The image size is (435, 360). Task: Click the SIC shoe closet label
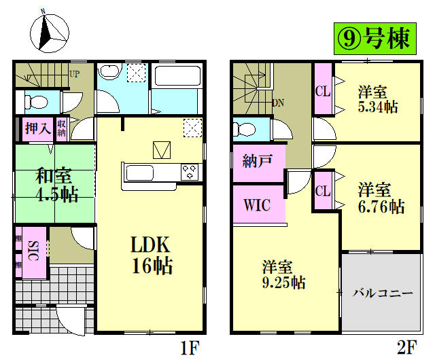coord(32,252)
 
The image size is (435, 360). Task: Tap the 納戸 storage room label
coord(258,161)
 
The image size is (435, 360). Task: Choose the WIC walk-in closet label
coord(258,204)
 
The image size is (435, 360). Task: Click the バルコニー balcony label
coord(382,293)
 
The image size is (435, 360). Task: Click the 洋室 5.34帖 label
coord(374,99)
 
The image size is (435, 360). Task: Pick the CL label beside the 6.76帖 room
coord(322,191)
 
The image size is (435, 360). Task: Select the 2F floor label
coord(406,348)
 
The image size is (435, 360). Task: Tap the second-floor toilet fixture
coord(245,128)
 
